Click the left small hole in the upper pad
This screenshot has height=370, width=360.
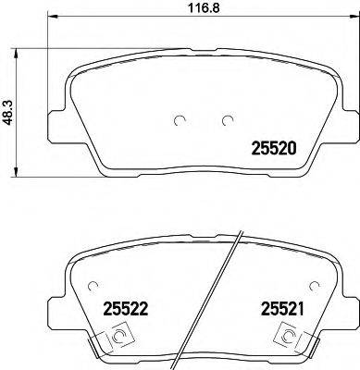coord(180,118)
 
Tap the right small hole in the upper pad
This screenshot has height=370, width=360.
coord(226,118)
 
